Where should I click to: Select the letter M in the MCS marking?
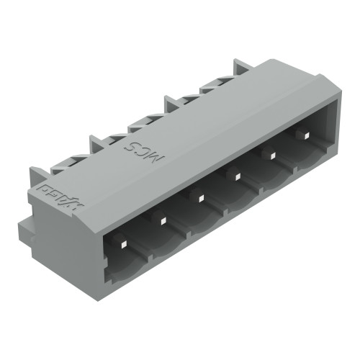pos(161,139)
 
